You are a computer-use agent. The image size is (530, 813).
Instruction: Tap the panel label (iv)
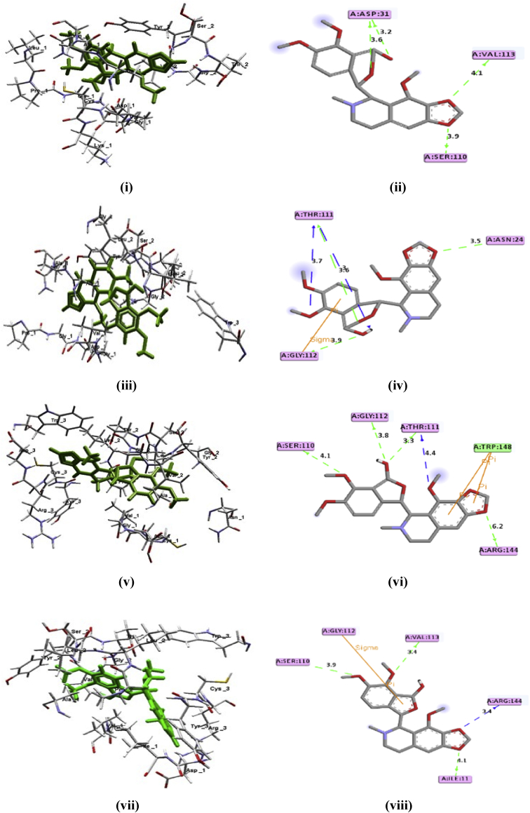pyautogui.click(x=396, y=384)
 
